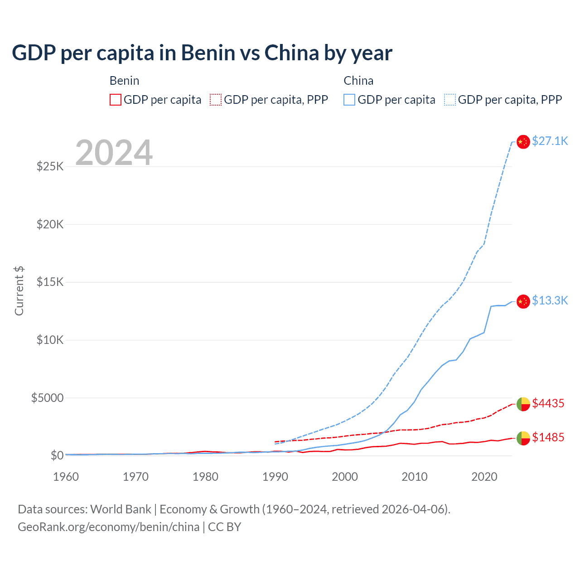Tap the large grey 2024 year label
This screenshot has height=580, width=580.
click(x=114, y=153)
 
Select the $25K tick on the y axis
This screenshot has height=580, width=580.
click(x=50, y=166)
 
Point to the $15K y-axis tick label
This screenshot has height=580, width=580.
click(x=50, y=282)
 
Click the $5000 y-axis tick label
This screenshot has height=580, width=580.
click(x=48, y=398)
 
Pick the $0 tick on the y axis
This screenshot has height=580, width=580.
click(x=57, y=455)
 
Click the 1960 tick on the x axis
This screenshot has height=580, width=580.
click(x=66, y=477)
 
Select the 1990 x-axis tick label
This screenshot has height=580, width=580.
click(x=275, y=477)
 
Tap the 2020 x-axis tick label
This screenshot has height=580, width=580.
click(x=484, y=477)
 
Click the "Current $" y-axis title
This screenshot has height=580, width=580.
click(x=19, y=291)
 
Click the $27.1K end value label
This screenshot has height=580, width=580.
click(x=550, y=141)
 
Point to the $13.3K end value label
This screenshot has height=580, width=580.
click(x=550, y=300)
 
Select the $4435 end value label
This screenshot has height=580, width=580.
click(x=548, y=403)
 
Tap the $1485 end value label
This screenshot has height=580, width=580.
click(x=548, y=437)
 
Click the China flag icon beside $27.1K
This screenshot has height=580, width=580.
click(x=523, y=142)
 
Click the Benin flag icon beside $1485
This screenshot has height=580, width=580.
click(x=523, y=438)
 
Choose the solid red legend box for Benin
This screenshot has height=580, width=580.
click(x=116, y=100)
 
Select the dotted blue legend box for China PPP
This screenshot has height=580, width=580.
click(x=450, y=100)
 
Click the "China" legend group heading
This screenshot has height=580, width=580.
click(x=358, y=81)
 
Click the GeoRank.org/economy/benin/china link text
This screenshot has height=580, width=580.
click(x=109, y=527)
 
